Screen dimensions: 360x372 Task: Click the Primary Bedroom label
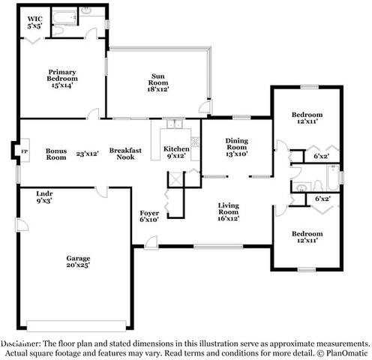tap(62, 79)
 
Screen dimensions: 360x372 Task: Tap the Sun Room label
tap(157, 82)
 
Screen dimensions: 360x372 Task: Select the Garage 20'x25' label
tap(78, 262)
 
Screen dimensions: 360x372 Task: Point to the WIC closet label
tap(34, 22)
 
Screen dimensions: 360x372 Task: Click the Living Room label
tap(228, 211)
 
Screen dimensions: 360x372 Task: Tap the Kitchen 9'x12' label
tap(176, 152)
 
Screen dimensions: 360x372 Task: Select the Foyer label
tap(148, 217)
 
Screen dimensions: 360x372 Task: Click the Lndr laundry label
tap(45, 197)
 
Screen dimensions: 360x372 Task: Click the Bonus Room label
tap(56, 153)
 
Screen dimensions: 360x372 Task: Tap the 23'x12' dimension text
tap(88, 153)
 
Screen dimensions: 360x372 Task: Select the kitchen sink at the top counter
tap(175, 124)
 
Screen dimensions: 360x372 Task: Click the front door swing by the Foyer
tap(151, 241)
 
